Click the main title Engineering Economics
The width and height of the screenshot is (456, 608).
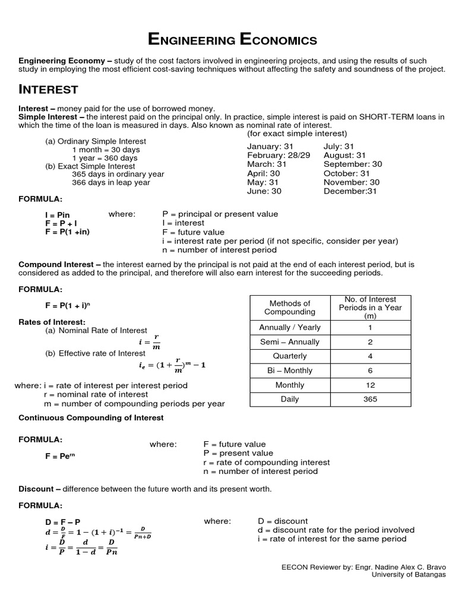232,40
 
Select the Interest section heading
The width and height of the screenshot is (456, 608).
49,90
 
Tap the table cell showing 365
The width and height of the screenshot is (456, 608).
370,399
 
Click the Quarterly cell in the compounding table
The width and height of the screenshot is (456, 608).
290,356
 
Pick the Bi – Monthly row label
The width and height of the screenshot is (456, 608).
290,370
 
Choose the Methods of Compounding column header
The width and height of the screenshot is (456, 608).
290,308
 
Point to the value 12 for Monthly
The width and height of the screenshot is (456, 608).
370,385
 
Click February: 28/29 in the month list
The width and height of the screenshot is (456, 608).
278,155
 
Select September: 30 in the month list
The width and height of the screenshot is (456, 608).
353,164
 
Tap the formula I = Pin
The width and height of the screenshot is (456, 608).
57,214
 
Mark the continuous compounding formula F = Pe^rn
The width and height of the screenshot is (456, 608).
61,456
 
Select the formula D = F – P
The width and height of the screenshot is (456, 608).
62,521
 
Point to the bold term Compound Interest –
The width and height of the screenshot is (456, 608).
59,264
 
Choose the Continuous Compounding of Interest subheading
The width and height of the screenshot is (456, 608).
91,417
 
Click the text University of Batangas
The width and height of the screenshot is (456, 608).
408,574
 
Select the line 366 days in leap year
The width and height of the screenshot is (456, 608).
111,183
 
